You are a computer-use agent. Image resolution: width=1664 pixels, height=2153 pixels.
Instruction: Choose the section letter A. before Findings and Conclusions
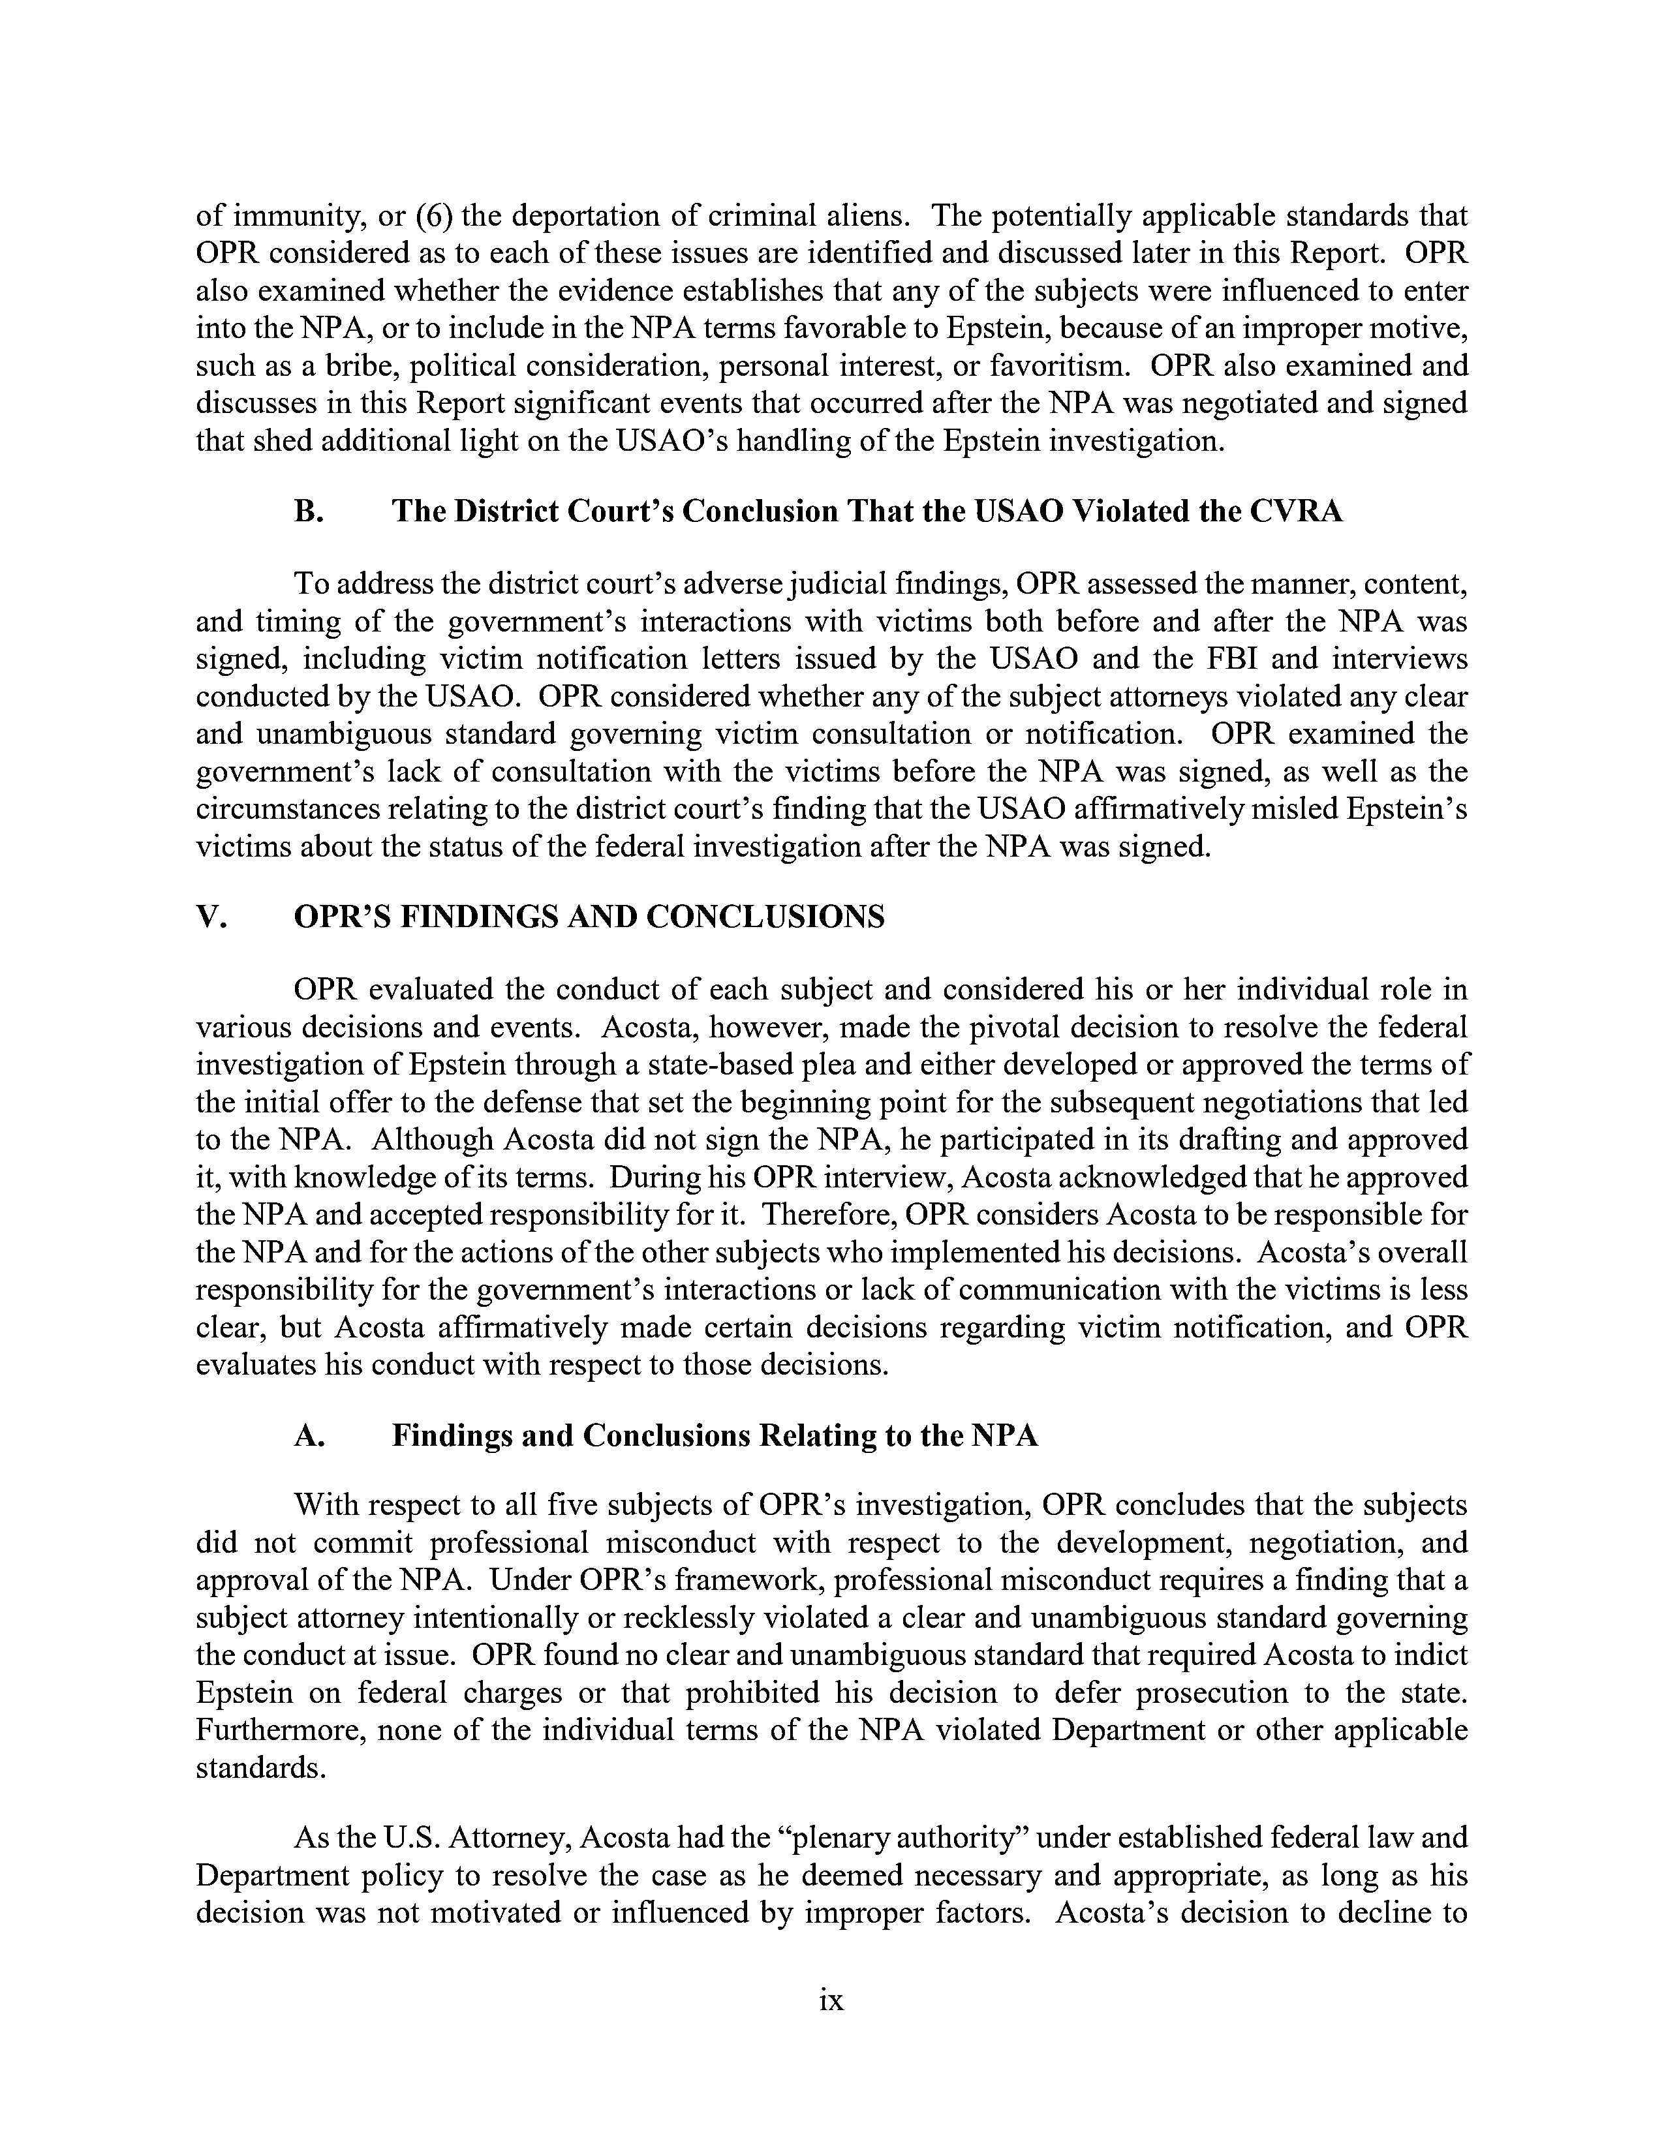click(309, 1435)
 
